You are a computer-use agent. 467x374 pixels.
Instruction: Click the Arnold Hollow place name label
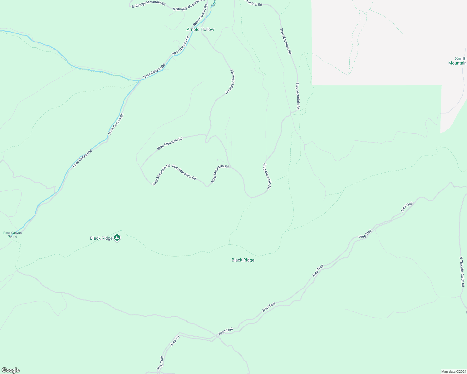pos(200,29)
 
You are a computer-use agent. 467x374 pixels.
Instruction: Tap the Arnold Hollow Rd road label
pos(230,82)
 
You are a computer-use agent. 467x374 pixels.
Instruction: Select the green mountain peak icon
pos(117,238)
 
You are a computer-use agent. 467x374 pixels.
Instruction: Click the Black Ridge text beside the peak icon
pos(101,238)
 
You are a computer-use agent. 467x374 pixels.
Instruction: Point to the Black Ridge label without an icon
pos(243,260)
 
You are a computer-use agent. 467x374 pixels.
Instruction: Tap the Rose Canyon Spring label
pos(12,234)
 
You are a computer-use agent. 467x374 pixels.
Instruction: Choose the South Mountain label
pos(458,61)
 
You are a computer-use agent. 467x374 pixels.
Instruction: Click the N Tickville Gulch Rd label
pos(462,272)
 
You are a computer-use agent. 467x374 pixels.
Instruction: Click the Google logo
pos(10,370)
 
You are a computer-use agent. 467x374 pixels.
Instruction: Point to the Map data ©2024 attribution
pos(453,372)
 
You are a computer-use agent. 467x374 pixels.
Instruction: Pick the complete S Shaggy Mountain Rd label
pos(149,4)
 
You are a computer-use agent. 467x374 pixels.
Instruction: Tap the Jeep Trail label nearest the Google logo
pos(160,363)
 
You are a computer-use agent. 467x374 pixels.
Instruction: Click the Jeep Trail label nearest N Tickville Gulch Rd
pos(407,207)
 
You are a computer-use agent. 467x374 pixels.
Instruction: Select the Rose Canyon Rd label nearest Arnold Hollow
pos(200,15)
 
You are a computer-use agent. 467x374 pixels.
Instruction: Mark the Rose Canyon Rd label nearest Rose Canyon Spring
pos(82,159)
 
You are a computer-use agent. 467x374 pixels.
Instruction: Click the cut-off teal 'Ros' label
pos(214,3)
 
